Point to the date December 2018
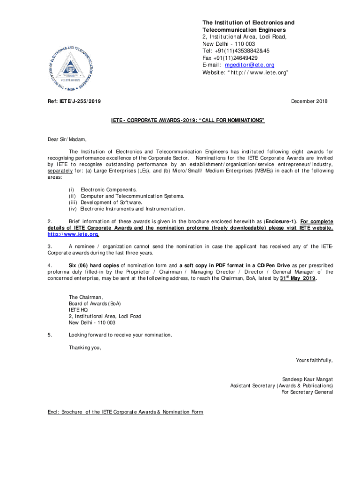pyautogui.click(x=309, y=102)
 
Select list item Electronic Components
pyautogui.click(x=109, y=189)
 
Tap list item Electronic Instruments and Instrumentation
pyautogui.click(x=133, y=209)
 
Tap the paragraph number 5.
pyautogui.click(x=50, y=335)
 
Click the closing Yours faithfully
pyautogui.click(x=314, y=360)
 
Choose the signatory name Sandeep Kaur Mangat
pyautogui.click(x=308, y=379)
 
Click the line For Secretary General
pyautogui.click(x=307, y=392)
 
